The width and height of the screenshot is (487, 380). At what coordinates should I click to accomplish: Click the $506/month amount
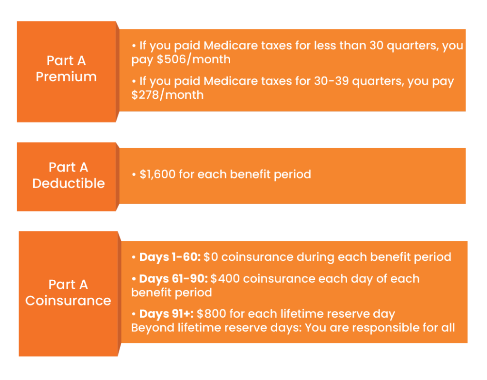pos(194,59)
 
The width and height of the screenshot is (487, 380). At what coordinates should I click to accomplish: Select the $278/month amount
pos(167,95)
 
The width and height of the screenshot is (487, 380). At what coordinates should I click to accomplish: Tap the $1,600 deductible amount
pos(157,174)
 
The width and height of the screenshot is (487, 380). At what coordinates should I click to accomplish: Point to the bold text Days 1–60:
pos(170,257)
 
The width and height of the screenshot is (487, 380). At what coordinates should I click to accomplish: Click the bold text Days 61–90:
pos(173,278)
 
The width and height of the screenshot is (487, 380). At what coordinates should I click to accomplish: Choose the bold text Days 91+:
pos(166,313)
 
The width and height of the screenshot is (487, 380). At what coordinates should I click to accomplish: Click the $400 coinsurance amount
pos(225,278)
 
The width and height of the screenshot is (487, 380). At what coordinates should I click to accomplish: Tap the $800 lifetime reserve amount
pos(211,313)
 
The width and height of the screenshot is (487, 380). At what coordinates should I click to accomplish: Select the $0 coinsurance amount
pos(211,257)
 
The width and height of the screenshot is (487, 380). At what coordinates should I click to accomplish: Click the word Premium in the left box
pos(66,76)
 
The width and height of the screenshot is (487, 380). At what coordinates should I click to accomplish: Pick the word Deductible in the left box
pos(68,183)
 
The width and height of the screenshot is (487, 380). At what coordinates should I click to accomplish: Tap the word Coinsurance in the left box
pos(68,301)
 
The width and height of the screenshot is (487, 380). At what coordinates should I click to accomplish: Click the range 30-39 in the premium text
pos(331,81)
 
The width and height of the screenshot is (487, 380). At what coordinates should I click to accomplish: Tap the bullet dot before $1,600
pos(134,175)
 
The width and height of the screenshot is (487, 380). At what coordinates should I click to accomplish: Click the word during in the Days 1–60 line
pos(315,257)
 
